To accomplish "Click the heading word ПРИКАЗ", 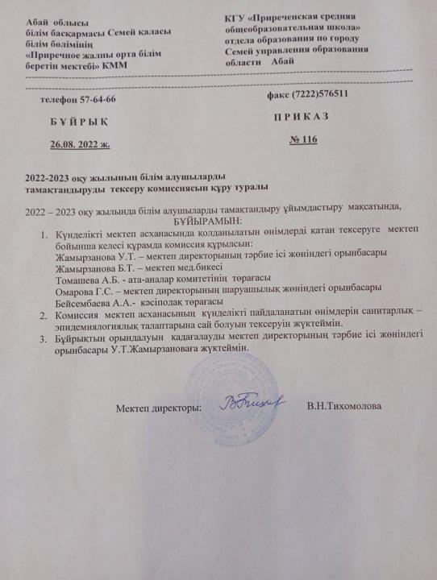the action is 306,116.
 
